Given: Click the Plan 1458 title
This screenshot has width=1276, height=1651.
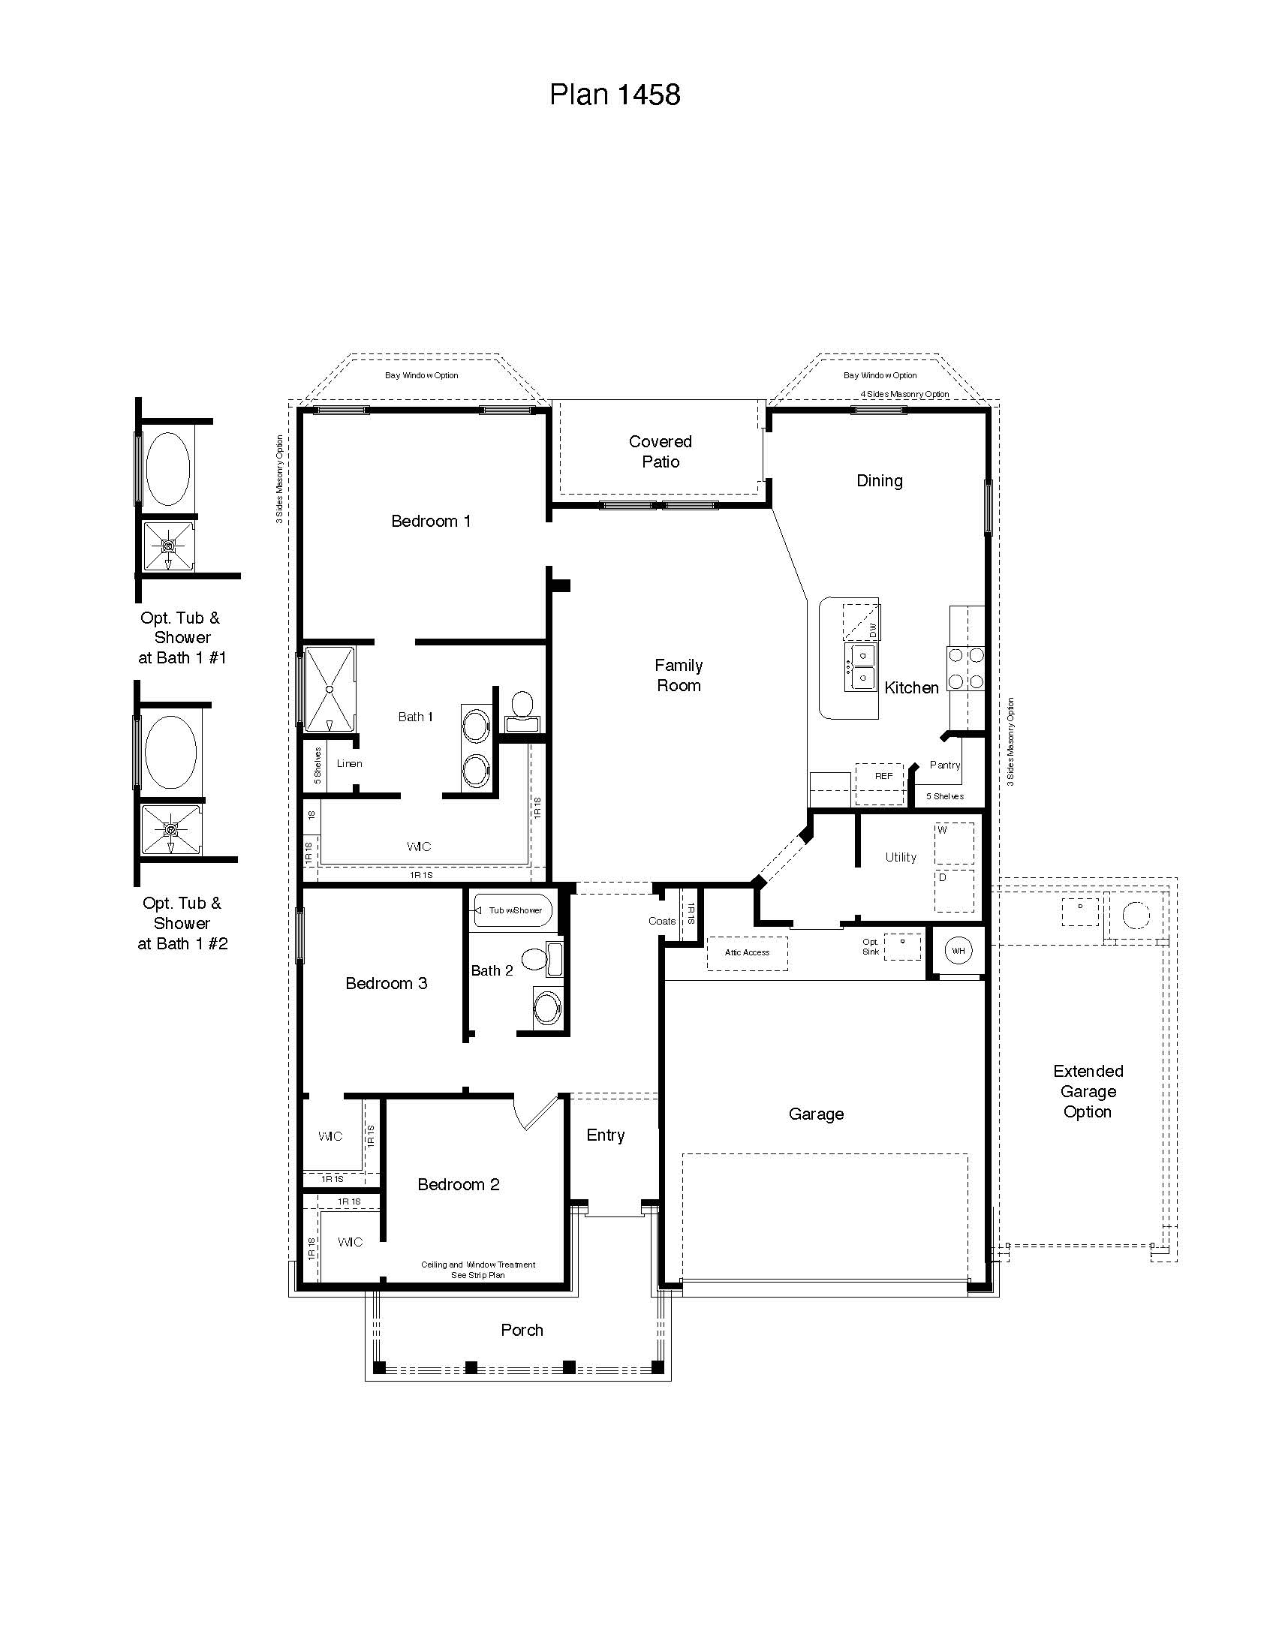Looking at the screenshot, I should (x=615, y=95).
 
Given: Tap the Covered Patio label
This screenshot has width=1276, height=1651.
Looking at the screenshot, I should (x=660, y=451).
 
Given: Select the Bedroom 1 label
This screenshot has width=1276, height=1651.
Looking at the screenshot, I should (x=431, y=521).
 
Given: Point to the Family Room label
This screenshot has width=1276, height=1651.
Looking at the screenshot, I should (x=678, y=675).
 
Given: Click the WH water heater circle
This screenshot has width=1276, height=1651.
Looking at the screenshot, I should (x=958, y=950).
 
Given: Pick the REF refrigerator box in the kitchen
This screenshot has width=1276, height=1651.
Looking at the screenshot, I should (x=880, y=783).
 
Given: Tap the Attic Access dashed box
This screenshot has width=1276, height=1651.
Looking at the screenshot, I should (x=747, y=952).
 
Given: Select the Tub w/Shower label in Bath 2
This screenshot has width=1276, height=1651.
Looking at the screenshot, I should (x=515, y=910).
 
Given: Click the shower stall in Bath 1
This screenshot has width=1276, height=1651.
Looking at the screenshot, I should (x=330, y=689).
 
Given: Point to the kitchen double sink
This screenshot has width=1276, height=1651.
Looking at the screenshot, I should (x=862, y=666).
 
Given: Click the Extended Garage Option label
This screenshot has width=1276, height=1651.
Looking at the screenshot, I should (x=1088, y=1091).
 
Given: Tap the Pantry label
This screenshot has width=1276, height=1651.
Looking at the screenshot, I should (x=944, y=765).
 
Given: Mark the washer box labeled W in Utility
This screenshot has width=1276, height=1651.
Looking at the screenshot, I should (x=954, y=844).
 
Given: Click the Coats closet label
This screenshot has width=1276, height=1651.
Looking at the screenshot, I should (x=661, y=921).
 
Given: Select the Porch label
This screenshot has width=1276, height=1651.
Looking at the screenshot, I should (x=522, y=1330).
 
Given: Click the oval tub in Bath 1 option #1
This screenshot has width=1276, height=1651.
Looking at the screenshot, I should (x=167, y=469).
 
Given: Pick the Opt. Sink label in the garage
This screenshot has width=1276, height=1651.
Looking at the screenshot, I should (x=871, y=947).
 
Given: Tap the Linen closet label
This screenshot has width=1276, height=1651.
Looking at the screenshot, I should (x=349, y=763).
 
